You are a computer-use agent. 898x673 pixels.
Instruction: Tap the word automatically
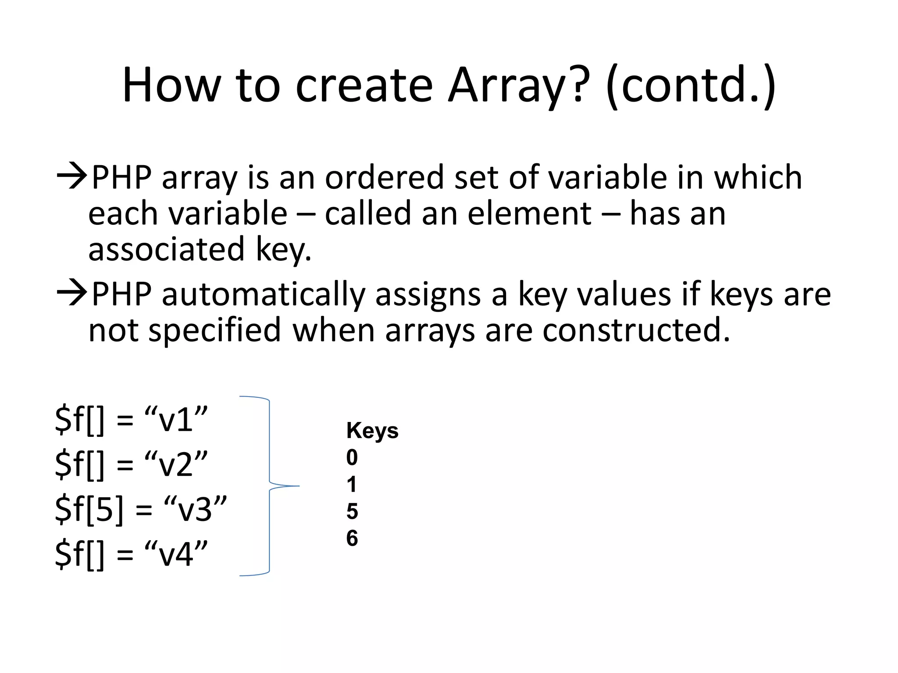click(x=263, y=294)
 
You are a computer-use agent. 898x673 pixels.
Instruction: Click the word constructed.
click(x=636, y=330)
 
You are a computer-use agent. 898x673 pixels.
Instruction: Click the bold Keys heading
click(x=372, y=431)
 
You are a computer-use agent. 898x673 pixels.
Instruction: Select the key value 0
click(x=352, y=458)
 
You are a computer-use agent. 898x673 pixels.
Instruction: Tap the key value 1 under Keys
click(x=352, y=485)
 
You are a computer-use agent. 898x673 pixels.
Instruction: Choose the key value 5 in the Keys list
click(x=352, y=512)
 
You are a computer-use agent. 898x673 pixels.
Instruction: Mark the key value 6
click(x=352, y=538)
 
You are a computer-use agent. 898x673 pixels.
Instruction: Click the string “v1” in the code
click(x=175, y=420)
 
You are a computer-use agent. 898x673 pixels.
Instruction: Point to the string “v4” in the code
click(x=175, y=554)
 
